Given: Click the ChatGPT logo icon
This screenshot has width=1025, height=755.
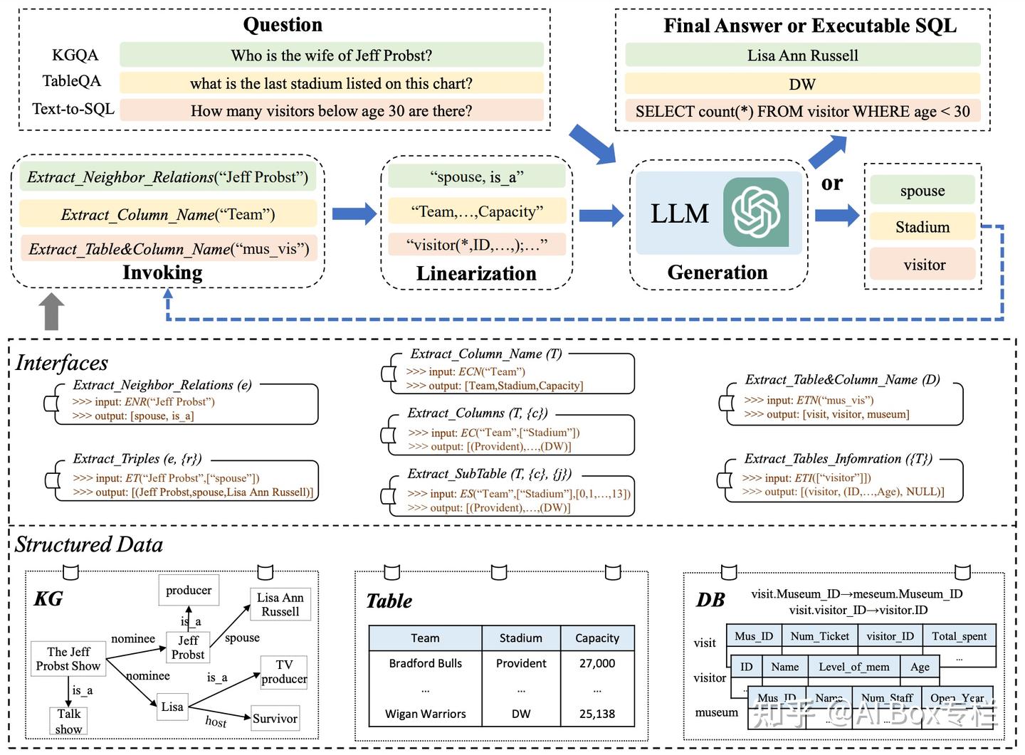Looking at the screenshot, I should click(x=756, y=212).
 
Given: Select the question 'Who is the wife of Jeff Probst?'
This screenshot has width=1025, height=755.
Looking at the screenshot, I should click(x=331, y=56).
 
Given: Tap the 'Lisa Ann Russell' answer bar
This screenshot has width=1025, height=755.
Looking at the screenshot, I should click(x=802, y=56).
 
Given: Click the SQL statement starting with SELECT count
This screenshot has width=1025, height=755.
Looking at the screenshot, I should click(x=802, y=112).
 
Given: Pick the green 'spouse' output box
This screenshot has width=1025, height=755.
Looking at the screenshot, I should click(x=922, y=191).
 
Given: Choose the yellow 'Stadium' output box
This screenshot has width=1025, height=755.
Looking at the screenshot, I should click(x=922, y=228).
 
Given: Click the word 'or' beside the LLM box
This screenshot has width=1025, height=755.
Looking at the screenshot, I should click(x=831, y=184).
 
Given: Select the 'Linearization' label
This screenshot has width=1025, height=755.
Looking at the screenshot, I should click(x=476, y=273).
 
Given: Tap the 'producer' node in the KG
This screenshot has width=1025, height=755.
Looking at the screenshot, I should click(x=189, y=591).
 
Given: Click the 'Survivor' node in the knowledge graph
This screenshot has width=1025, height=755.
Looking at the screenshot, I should click(x=275, y=719).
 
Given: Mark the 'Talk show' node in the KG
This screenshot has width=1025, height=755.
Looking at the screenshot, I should click(x=69, y=721).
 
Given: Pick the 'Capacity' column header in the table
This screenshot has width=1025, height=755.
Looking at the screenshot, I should click(x=597, y=638).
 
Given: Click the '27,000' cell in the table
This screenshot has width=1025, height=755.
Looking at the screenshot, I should click(x=597, y=663).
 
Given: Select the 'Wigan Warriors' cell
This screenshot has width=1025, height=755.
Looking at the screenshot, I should click(x=426, y=714).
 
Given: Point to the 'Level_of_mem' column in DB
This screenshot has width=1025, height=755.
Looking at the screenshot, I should click(x=853, y=667).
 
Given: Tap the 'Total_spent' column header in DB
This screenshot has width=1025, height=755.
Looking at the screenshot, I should click(x=959, y=636).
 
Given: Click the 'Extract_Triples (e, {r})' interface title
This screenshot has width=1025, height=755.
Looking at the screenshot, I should click(x=137, y=459).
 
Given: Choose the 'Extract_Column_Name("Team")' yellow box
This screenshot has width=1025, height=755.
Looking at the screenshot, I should click(x=168, y=214).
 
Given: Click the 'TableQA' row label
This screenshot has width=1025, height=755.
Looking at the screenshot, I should click(x=72, y=81).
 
